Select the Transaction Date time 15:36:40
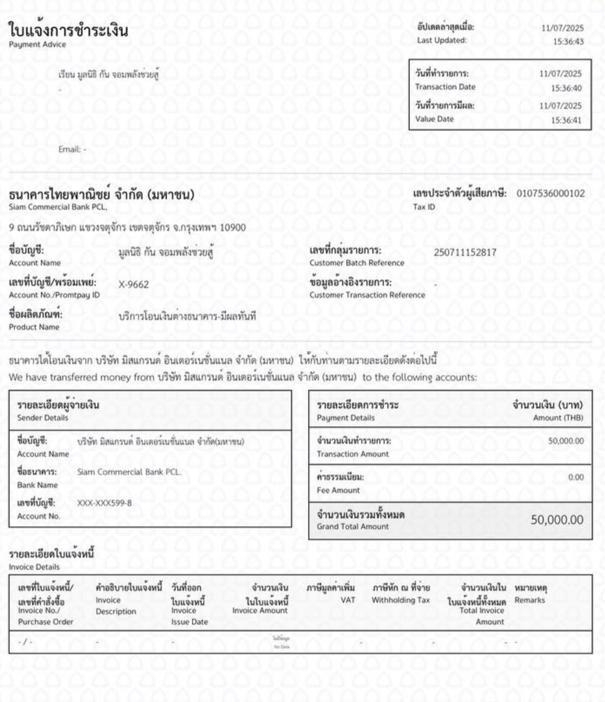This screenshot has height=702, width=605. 568,88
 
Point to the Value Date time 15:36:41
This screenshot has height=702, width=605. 568,121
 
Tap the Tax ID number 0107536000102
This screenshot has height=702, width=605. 551,193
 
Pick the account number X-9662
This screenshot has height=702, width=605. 134,286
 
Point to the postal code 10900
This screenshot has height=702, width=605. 234,226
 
